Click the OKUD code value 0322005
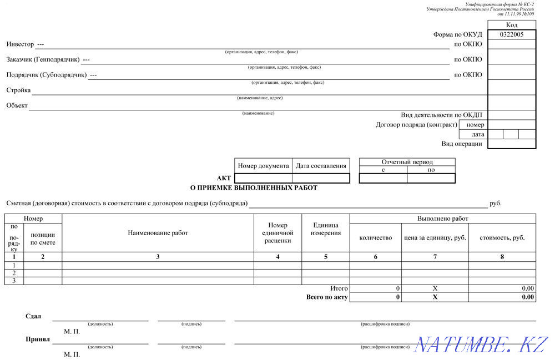(x=511, y=34)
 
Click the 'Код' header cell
(x=512, y=25)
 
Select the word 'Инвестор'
(x=20, y=44)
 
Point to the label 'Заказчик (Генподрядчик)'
(x=43, y=59)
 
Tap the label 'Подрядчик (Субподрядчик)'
(x=47, y=75)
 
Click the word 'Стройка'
(x=18, y=90)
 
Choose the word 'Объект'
(x=17, y=105)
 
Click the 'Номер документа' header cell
(x=263, y=165)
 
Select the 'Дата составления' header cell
(x=321, y=165)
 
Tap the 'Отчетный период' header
(x=407, y=162)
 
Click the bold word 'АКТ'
(x=224, y=178)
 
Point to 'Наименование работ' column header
(x=158, y=233)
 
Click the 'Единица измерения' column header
(x=326, y=229)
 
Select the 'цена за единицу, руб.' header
(x=435, y=237)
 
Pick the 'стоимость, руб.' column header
(x=502, y=237)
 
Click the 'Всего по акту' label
(x=327, y=297)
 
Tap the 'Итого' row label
(x=339, y=288)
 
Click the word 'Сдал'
(x=33, y=316)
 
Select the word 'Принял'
(x=38, y=339)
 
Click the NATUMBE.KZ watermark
(x=482, y=344)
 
